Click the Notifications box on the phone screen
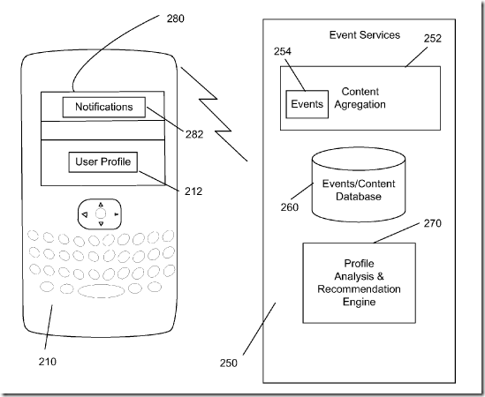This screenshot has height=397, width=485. [x=104, y=108]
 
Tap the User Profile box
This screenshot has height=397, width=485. [x=103, y=162]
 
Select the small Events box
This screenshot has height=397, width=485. [x=307, y=104]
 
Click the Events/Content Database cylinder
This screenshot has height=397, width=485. [x=359, y=185]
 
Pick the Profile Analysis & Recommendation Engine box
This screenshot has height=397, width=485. [x=359, y=282]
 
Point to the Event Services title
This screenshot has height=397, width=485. [x=365, y=35]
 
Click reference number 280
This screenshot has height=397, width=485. [x=176, y=19]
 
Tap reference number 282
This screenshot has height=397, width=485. [x=194, y=134]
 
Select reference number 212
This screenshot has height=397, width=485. [x=193, y=191]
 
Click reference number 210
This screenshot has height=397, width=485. [x=48, y=362]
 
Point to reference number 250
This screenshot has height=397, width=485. [x=229, y=363]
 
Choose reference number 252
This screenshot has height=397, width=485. [x=432, y=38]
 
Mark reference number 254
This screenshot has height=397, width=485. [x=283, y=51]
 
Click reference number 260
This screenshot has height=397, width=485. [x=290, y=207]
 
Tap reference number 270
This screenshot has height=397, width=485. [x=432, y=223]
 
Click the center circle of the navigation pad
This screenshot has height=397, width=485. [x=101, y=213]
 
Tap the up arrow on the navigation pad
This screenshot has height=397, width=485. [x=101, y=205]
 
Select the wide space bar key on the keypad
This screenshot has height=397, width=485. [x=101, y=291]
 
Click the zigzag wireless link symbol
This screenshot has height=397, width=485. [x=215, y=115]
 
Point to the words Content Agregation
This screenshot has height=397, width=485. [x=360, y=98]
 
